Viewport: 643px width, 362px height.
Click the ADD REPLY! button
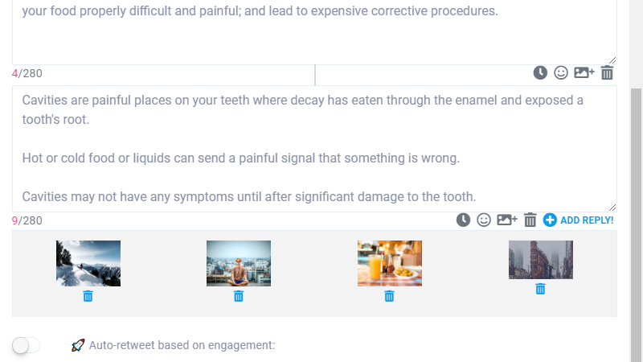pyautogui.click(x=578, y=220)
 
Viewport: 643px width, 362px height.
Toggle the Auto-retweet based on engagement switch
pyautogui.click(x=26, y=345)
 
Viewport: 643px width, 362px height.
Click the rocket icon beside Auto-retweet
pyautogui.click(x=78, y=345)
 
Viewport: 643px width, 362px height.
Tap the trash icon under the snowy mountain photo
pyautogui.click(x=88, y=296)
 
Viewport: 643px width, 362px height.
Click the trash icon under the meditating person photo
pyautogui.click(x=239, y=296)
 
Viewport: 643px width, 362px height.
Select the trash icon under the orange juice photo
pyautogui.click(x=389, y=296)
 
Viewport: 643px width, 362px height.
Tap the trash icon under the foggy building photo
pyautogui.click(x=540, y=289)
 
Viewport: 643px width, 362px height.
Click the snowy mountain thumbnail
pyautogui.click(x=88, y=264)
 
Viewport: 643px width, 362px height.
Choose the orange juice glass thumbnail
pyautogui.click(x=390, y=264)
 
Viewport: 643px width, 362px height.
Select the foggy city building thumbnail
pyautogui.click(x=541, y=260)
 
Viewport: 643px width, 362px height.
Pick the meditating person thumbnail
pyautogui.click(x=239, y=264)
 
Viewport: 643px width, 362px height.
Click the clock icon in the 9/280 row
pyautogui.click(x=464, y=220)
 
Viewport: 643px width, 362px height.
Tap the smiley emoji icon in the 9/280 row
pyautogui.click(x=484, y=220)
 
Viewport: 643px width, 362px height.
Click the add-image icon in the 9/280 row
pyautogui.click(x=507, y=220)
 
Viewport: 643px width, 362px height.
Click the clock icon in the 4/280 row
pyautogui.click(x=540, y=72)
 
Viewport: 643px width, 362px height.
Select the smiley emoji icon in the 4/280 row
pyautogui.click(x=561, y=72)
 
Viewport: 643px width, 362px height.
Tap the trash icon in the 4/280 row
pyautogui.click(x=607, y=72)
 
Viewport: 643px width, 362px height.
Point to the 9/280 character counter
pyautogui.click(x=27, y=220)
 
